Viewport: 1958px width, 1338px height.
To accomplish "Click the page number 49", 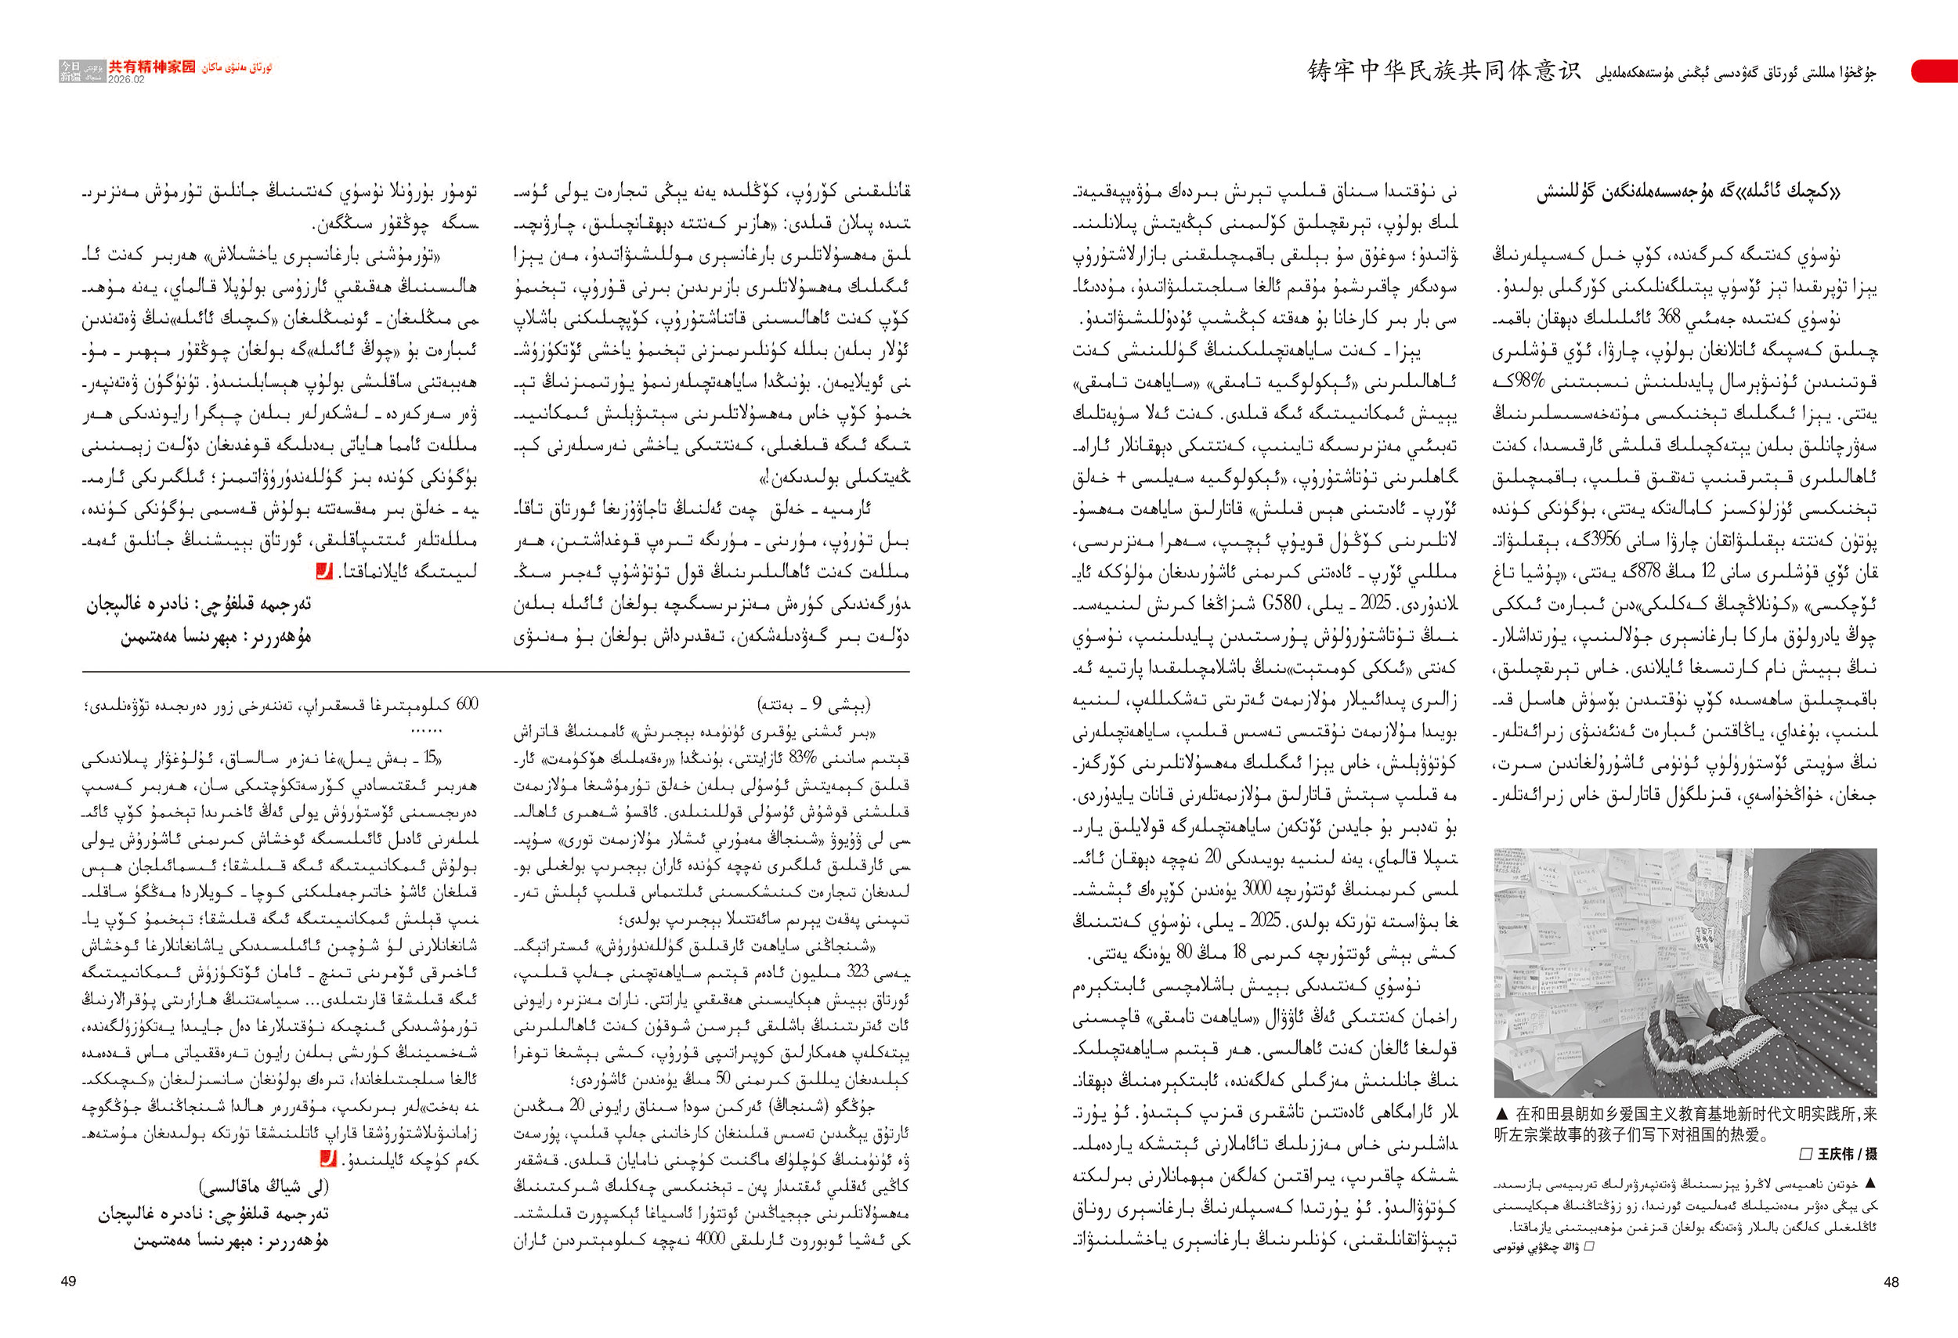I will point(69,1282).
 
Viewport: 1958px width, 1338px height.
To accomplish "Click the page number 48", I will point(1891,1282).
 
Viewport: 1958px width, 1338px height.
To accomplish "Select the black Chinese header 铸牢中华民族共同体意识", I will point(1444,71).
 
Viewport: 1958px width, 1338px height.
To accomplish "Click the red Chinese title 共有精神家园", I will point(152,67).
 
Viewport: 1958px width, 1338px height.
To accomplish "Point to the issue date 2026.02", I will point(126,80).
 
